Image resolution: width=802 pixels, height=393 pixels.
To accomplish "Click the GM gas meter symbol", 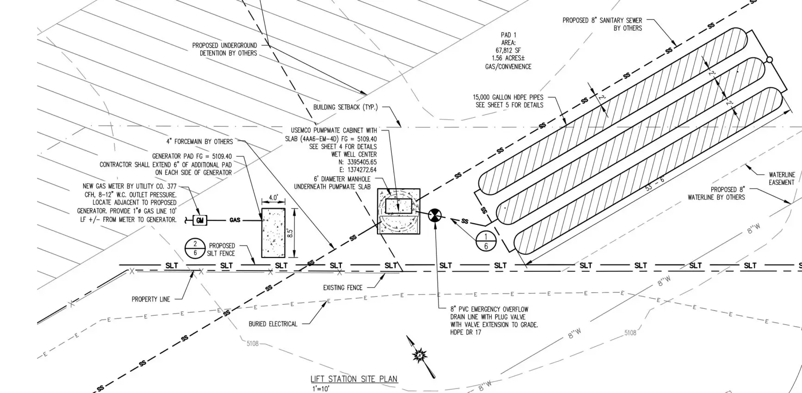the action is point(200,221).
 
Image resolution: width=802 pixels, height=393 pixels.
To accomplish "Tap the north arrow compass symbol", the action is point(420,356).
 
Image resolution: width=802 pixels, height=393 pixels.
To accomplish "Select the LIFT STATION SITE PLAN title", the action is point(354,379).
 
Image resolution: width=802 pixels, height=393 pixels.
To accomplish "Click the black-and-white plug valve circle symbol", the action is point(435,215).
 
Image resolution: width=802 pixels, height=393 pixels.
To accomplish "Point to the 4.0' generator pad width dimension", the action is point(273,198).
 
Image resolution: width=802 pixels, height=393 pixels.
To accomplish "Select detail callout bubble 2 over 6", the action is point(195,249).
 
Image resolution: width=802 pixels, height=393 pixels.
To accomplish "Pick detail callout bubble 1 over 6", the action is point(486,241).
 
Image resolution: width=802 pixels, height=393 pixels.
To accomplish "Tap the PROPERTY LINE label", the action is point(151,299).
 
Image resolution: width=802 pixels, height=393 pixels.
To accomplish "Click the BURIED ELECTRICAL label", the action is point(273,324).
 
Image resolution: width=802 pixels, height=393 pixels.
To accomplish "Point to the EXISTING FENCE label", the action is point(343,288).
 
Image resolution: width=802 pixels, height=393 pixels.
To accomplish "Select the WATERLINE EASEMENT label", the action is point(782,178).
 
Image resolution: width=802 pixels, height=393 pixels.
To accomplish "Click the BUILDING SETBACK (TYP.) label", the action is point(345,107).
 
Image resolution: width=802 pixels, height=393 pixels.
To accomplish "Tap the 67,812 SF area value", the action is point(508,50).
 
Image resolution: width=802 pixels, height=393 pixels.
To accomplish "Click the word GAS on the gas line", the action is point(235,221).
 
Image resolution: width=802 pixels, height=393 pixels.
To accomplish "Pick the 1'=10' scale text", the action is point(320,389).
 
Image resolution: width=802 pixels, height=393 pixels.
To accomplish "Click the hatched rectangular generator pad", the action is point(273,233).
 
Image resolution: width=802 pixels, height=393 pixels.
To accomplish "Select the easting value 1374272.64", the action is point(354,170).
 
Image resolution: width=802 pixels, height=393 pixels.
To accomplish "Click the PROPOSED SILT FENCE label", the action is point(221,250).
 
